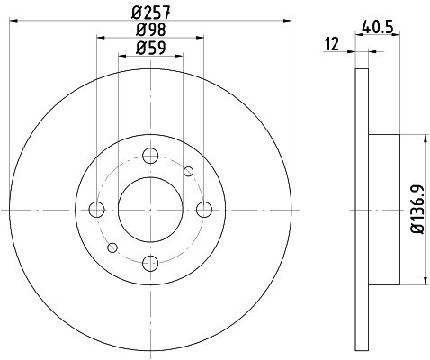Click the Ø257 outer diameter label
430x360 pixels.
150,13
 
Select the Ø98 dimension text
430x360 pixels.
150,31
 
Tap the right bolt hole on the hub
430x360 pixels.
204,210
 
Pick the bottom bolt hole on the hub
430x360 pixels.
150,263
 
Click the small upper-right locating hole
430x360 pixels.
188,171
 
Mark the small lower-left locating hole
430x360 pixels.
112,247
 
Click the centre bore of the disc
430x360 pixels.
150,210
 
